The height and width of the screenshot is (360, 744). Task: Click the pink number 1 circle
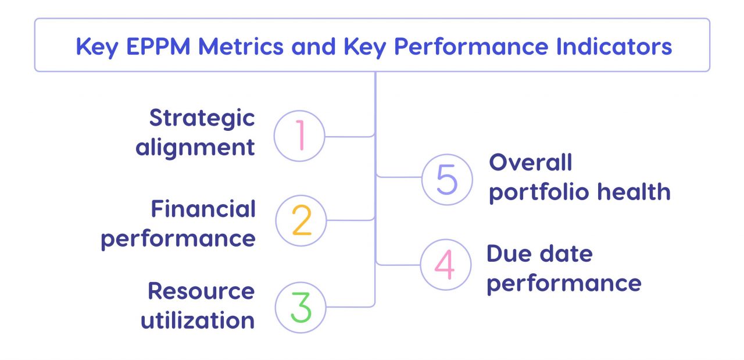(x=299, y=136)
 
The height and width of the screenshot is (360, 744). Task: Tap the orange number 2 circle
(x=301, y=220)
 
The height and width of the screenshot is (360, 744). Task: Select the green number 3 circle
(x=300, y=308)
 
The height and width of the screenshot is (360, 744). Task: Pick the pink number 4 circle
(x=445, y=265)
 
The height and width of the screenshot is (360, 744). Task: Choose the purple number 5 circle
(x=447, y=179)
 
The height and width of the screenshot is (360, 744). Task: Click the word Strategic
(x=202, y=118)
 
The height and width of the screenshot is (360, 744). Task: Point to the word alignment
(x=195, y=147)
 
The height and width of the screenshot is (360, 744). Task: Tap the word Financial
(x=203, y=209)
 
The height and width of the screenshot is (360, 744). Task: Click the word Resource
(x=201, y=291)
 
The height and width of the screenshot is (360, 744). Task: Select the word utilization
(x=198, y=320)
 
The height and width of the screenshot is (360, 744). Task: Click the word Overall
(x=531, y=162)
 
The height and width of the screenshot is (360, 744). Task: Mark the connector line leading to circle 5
(x=401, y=176)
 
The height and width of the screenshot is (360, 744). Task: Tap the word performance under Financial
(x=178, y=239)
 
